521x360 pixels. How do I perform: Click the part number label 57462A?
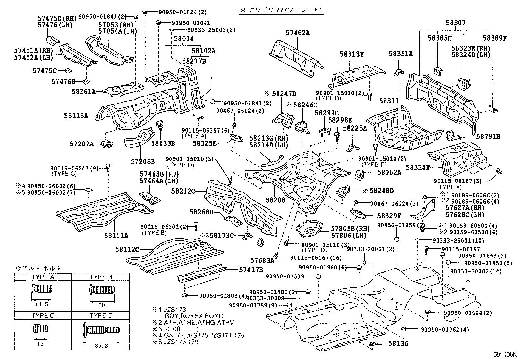[x=297, y=33]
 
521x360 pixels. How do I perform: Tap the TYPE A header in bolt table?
[x=43, y=277]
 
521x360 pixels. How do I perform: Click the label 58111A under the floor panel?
[x=116, y=235]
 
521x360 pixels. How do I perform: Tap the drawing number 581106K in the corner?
[x=505, y=354]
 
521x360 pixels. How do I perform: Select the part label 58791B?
[x=488, y=137]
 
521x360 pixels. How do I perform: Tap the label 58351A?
[x=401, y=54]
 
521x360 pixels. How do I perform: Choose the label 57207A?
[x=81, y=144]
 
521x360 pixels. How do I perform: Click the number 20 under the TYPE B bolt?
[x=102, y=305]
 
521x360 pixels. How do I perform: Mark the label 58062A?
[x=388, y=172]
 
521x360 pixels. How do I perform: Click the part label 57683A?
[x=262, y=260]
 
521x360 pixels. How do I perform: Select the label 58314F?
[x=418, y=167]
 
